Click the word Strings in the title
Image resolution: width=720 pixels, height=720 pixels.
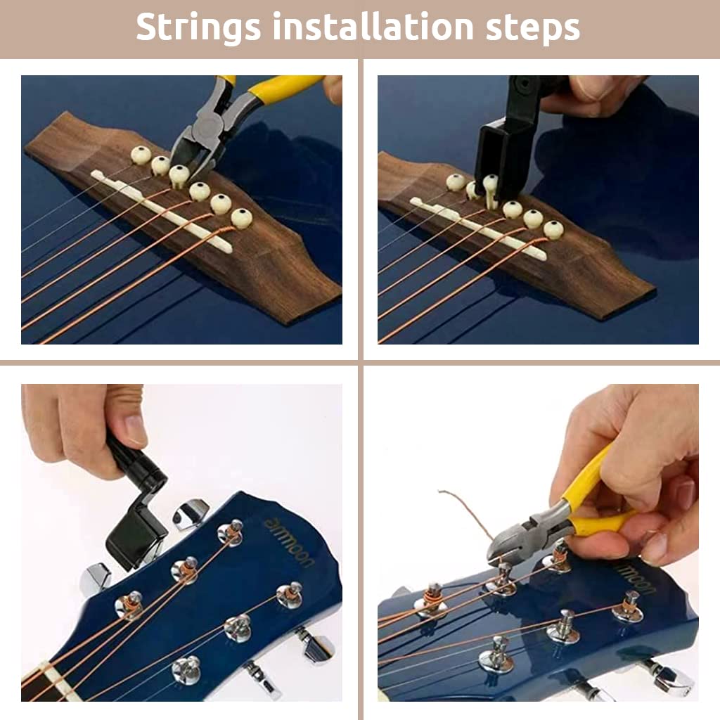(198, 28)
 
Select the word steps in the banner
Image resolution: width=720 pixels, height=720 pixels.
(532, 28)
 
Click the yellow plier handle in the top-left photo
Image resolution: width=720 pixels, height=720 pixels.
(281, 89)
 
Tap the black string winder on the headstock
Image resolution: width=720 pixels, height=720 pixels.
(137, 520)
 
